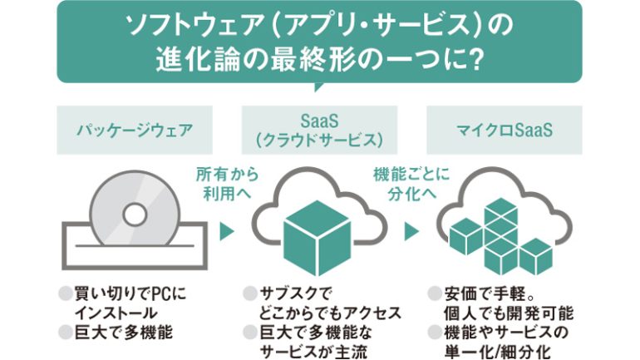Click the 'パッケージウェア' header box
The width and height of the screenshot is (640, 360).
coord(130,131)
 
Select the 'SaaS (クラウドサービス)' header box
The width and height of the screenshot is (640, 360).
coord(320,131)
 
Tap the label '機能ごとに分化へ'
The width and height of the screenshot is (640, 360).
coord(412,184)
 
